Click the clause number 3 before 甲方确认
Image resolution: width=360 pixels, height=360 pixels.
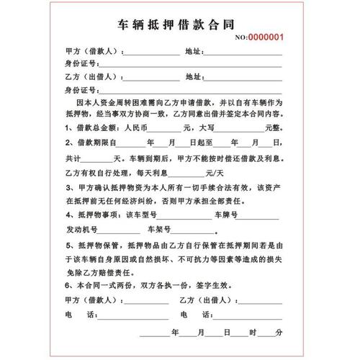tap(67, 188)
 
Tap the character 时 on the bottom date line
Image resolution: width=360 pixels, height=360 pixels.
tap(253, 332)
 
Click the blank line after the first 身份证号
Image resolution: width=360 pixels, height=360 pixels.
tap(133, 64)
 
